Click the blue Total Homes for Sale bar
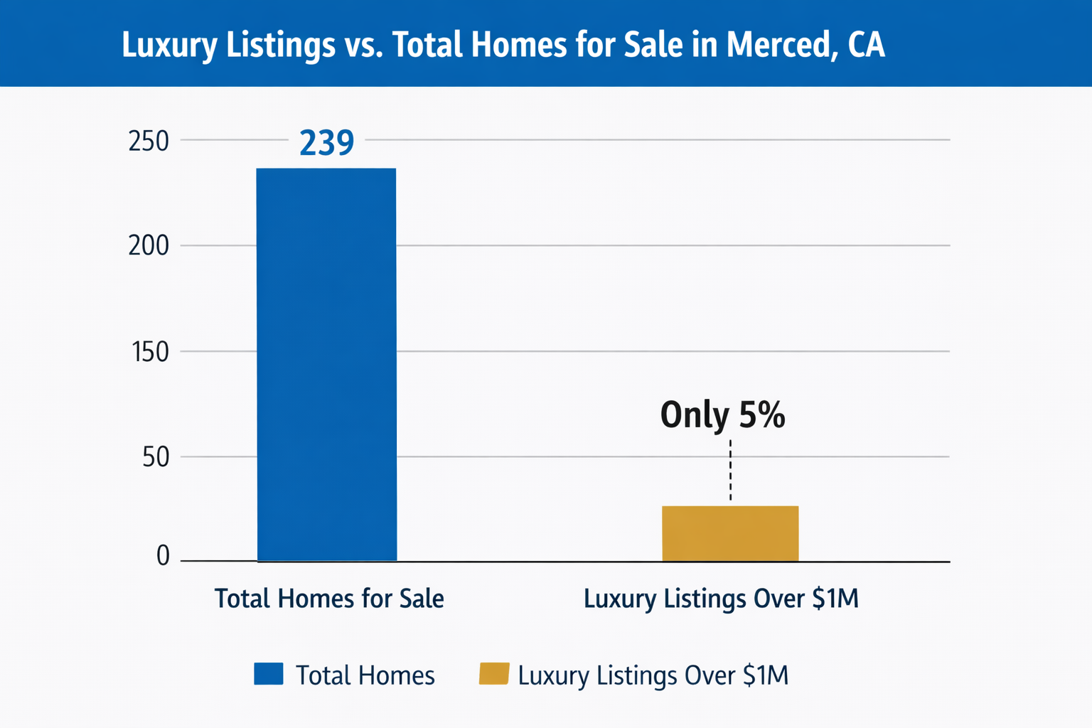click(x=326, y=365)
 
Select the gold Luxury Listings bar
click(x=730, y=534)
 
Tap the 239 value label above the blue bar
click(x=326, y=143)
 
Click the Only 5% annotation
click(x=722, y=414)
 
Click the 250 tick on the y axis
click(x=149, y=141)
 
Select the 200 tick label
click(x=149, y=246)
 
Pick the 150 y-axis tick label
click(x=150, y=352)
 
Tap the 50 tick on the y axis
click(x=156, y=457)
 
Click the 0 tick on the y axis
click(x=163, y=555)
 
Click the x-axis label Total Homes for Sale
click(x=329, y=599)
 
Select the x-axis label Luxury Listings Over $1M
click(x=721, y=599)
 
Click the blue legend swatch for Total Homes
click(x=269, y=673)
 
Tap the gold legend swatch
click(x=494, y=673)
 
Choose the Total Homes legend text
click(x=365, y=675)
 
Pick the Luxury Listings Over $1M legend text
click(x=653, y=675)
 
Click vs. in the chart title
click(x=363, y=45)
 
